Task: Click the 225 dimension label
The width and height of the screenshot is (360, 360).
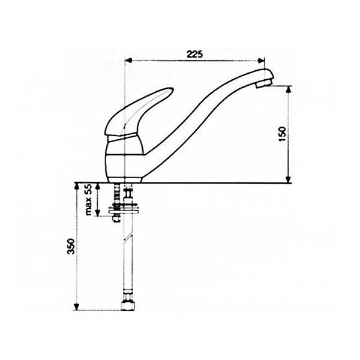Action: pos(194,54)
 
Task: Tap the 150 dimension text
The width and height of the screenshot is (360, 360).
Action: pos(283,134)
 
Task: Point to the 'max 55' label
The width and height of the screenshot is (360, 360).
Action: pos(88,200)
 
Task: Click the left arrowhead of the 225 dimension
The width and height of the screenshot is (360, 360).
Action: pos(128,61)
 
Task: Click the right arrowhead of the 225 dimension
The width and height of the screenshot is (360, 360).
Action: pos(261,61)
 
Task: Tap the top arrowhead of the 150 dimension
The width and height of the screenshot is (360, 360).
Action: pos(289,89)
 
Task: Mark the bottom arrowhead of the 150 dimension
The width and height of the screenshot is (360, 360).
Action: pos(289,179)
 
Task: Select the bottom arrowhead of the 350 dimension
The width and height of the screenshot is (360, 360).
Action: pos(76,307)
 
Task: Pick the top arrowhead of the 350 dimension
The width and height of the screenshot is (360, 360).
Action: pos(76,187)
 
